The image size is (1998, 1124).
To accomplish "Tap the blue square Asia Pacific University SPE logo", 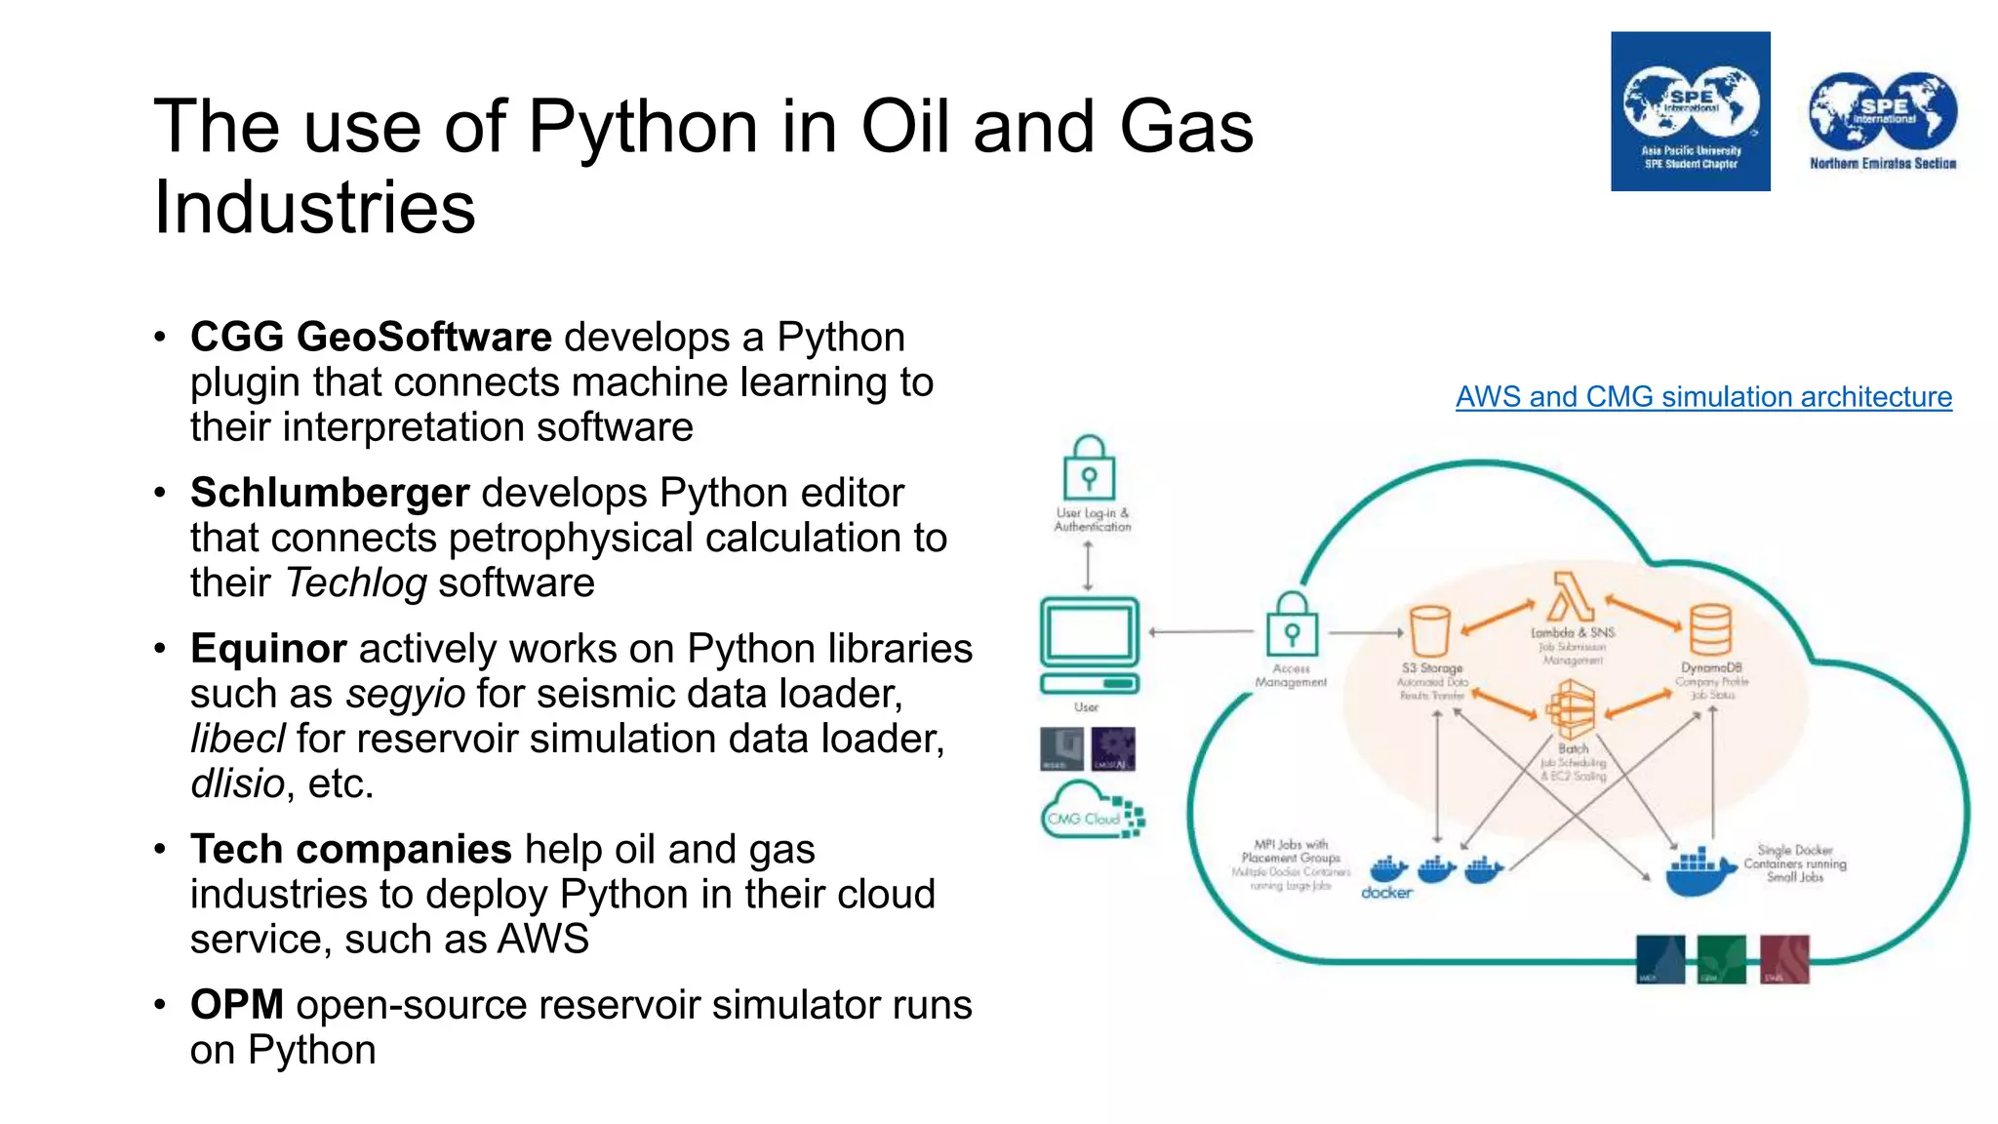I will click(x=1690, y=111).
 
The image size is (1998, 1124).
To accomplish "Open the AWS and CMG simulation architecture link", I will click(x=1703, y=397).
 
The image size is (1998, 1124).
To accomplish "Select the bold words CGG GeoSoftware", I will click(x=371, y=338).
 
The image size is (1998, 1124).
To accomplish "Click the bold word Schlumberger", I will click(x=330, y=493).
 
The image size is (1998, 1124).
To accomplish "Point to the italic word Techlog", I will click(x=356, y=583).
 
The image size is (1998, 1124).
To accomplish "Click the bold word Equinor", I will click(x=268, y=649).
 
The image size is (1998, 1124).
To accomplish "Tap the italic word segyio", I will click(x=405, y=695).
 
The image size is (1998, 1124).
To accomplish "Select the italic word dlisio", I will click(x=237, y=784).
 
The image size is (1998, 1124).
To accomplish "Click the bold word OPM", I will click(x=236, y=1005).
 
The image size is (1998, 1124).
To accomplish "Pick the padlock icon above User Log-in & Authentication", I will click(x=1089, y=469).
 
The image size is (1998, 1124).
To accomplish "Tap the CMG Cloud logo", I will click(x=1092, y=811).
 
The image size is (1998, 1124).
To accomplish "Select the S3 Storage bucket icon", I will click(x=1430, y=631).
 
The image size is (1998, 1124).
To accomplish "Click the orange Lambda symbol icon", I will click(x=1571, y=597).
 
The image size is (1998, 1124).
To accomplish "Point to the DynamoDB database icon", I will click(x=1710, y=629).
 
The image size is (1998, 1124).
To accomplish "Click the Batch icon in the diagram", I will click(x=1572, y=709).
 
